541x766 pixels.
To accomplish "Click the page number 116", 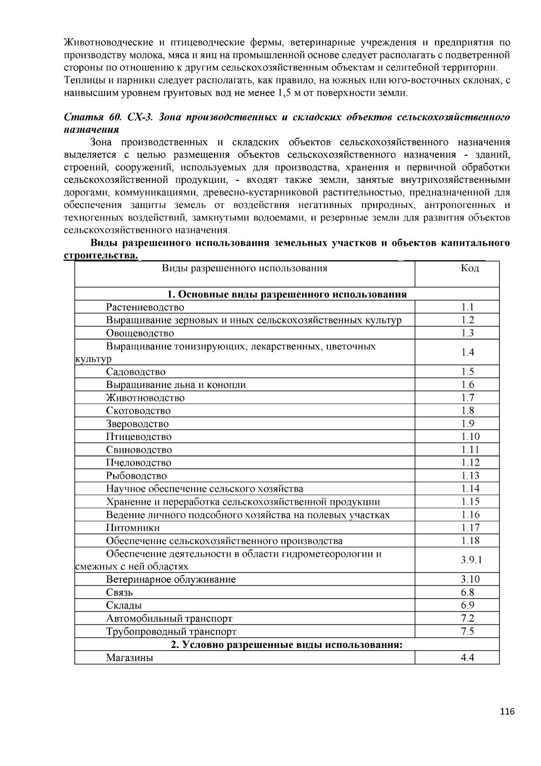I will pos(507,712).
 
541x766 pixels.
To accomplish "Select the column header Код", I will pos(469,268).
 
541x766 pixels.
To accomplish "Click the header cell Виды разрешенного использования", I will pos(244,268).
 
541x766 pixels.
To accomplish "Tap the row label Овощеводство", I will pos(140,333).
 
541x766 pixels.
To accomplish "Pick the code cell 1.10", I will pos(470,437).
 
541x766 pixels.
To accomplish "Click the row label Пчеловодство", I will pos(138,463).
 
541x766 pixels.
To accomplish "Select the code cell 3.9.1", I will pos(471,560).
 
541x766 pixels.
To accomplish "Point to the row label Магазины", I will pos(129,658).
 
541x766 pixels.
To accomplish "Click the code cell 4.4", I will pos(468,658).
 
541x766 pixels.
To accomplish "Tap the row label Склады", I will pos(124,605).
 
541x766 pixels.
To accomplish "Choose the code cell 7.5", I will pos(468,632).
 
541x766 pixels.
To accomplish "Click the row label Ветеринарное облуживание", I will pos(171,580).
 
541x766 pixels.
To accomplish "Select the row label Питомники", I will pos(133,528).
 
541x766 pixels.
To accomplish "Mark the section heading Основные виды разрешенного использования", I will pos(287,295).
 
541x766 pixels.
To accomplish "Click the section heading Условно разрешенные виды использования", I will pos(286,645).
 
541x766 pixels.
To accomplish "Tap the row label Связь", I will pos(119,592).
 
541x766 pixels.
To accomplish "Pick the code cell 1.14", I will pos(470,489).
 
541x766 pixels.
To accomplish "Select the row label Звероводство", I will pos(137,424).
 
